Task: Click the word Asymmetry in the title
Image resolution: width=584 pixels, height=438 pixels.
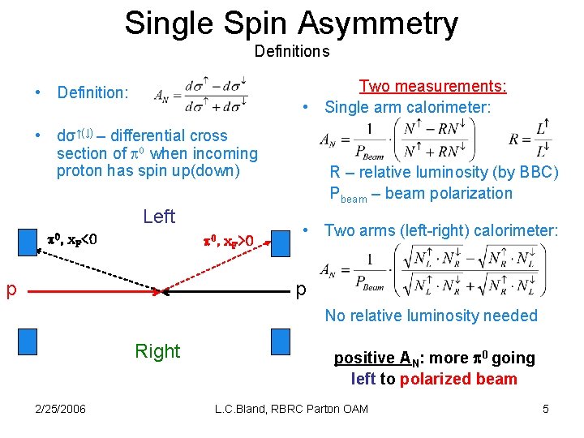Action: point(380,24)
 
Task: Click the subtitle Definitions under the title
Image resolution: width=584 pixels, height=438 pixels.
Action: point(292,52)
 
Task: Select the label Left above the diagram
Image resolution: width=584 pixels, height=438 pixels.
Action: point(158,217)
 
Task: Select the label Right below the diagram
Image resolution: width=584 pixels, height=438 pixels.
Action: point(157,351)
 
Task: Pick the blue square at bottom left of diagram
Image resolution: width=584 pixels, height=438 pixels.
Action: point(27,340)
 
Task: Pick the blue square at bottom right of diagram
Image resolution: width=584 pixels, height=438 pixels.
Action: point(281,340)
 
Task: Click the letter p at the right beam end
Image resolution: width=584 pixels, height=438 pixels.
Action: point(301,290)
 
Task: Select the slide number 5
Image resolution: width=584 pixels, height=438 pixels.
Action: point(546,409)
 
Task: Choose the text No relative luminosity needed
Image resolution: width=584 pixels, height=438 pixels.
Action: point(431,316)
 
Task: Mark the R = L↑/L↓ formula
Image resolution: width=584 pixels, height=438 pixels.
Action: point(530,137)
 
